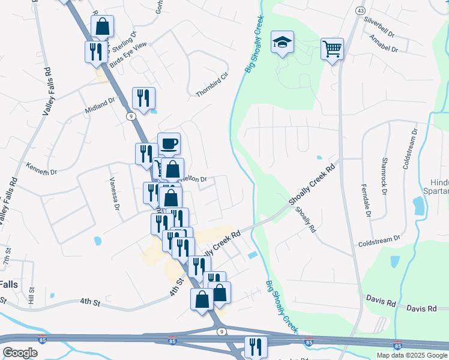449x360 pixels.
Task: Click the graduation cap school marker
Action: [x=282, y=43]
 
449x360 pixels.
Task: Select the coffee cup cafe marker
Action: [x=169, y=144]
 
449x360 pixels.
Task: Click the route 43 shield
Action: [x=360, y=11]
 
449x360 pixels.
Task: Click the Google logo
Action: [x=20, y=353]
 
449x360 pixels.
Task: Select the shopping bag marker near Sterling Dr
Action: [x=102, y=27]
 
